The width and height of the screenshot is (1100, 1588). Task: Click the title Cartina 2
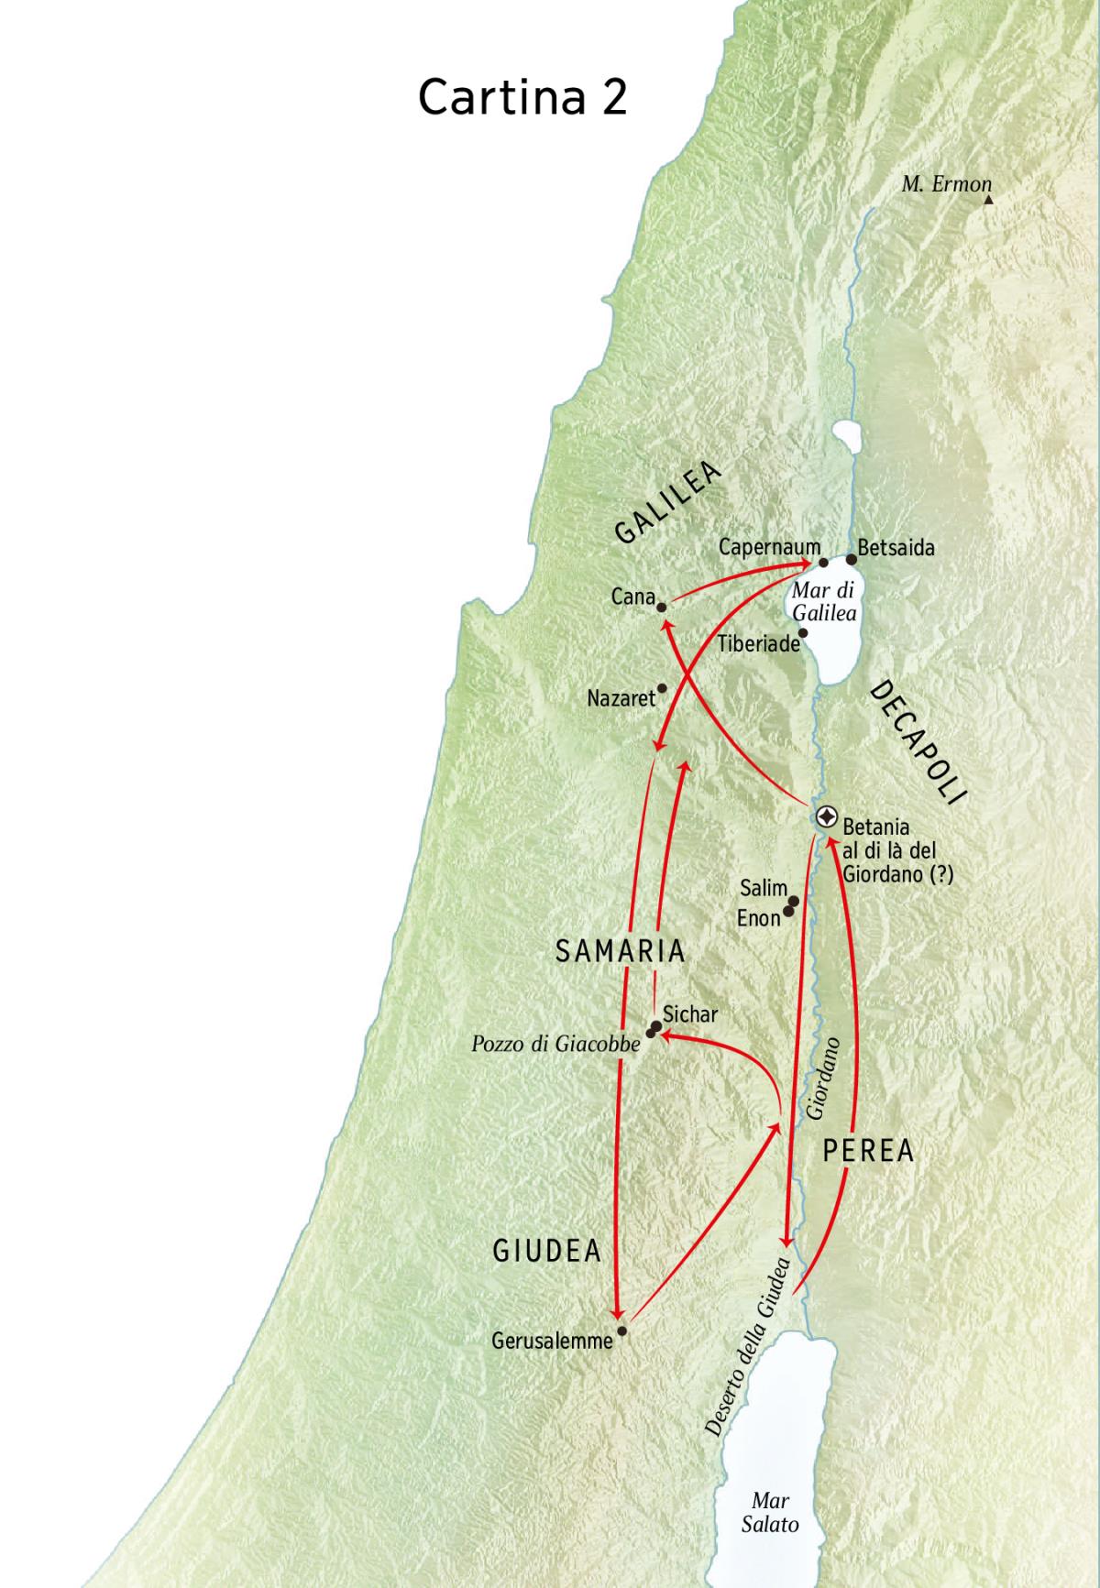522,96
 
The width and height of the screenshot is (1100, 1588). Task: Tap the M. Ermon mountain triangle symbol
988,198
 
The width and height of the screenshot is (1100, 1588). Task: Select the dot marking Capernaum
823,563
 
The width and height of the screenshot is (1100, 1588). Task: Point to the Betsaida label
896,548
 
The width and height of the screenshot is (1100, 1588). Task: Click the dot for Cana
661,605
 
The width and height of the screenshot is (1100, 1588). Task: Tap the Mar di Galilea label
823,602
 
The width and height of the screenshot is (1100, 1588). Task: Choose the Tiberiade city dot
803,632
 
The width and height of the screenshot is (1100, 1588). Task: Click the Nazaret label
621,698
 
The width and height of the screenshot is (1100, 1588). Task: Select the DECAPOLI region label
917,743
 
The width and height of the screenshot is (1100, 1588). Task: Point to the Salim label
764,888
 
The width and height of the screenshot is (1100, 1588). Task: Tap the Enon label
758,917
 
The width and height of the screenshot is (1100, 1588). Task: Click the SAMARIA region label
621,951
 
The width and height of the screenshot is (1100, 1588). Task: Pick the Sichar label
689,1014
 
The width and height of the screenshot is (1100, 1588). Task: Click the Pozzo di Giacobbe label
555,1044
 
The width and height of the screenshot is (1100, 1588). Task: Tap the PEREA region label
867,1151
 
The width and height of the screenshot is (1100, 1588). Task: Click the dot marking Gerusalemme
622,1331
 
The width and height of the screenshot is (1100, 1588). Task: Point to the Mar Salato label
770,1512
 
